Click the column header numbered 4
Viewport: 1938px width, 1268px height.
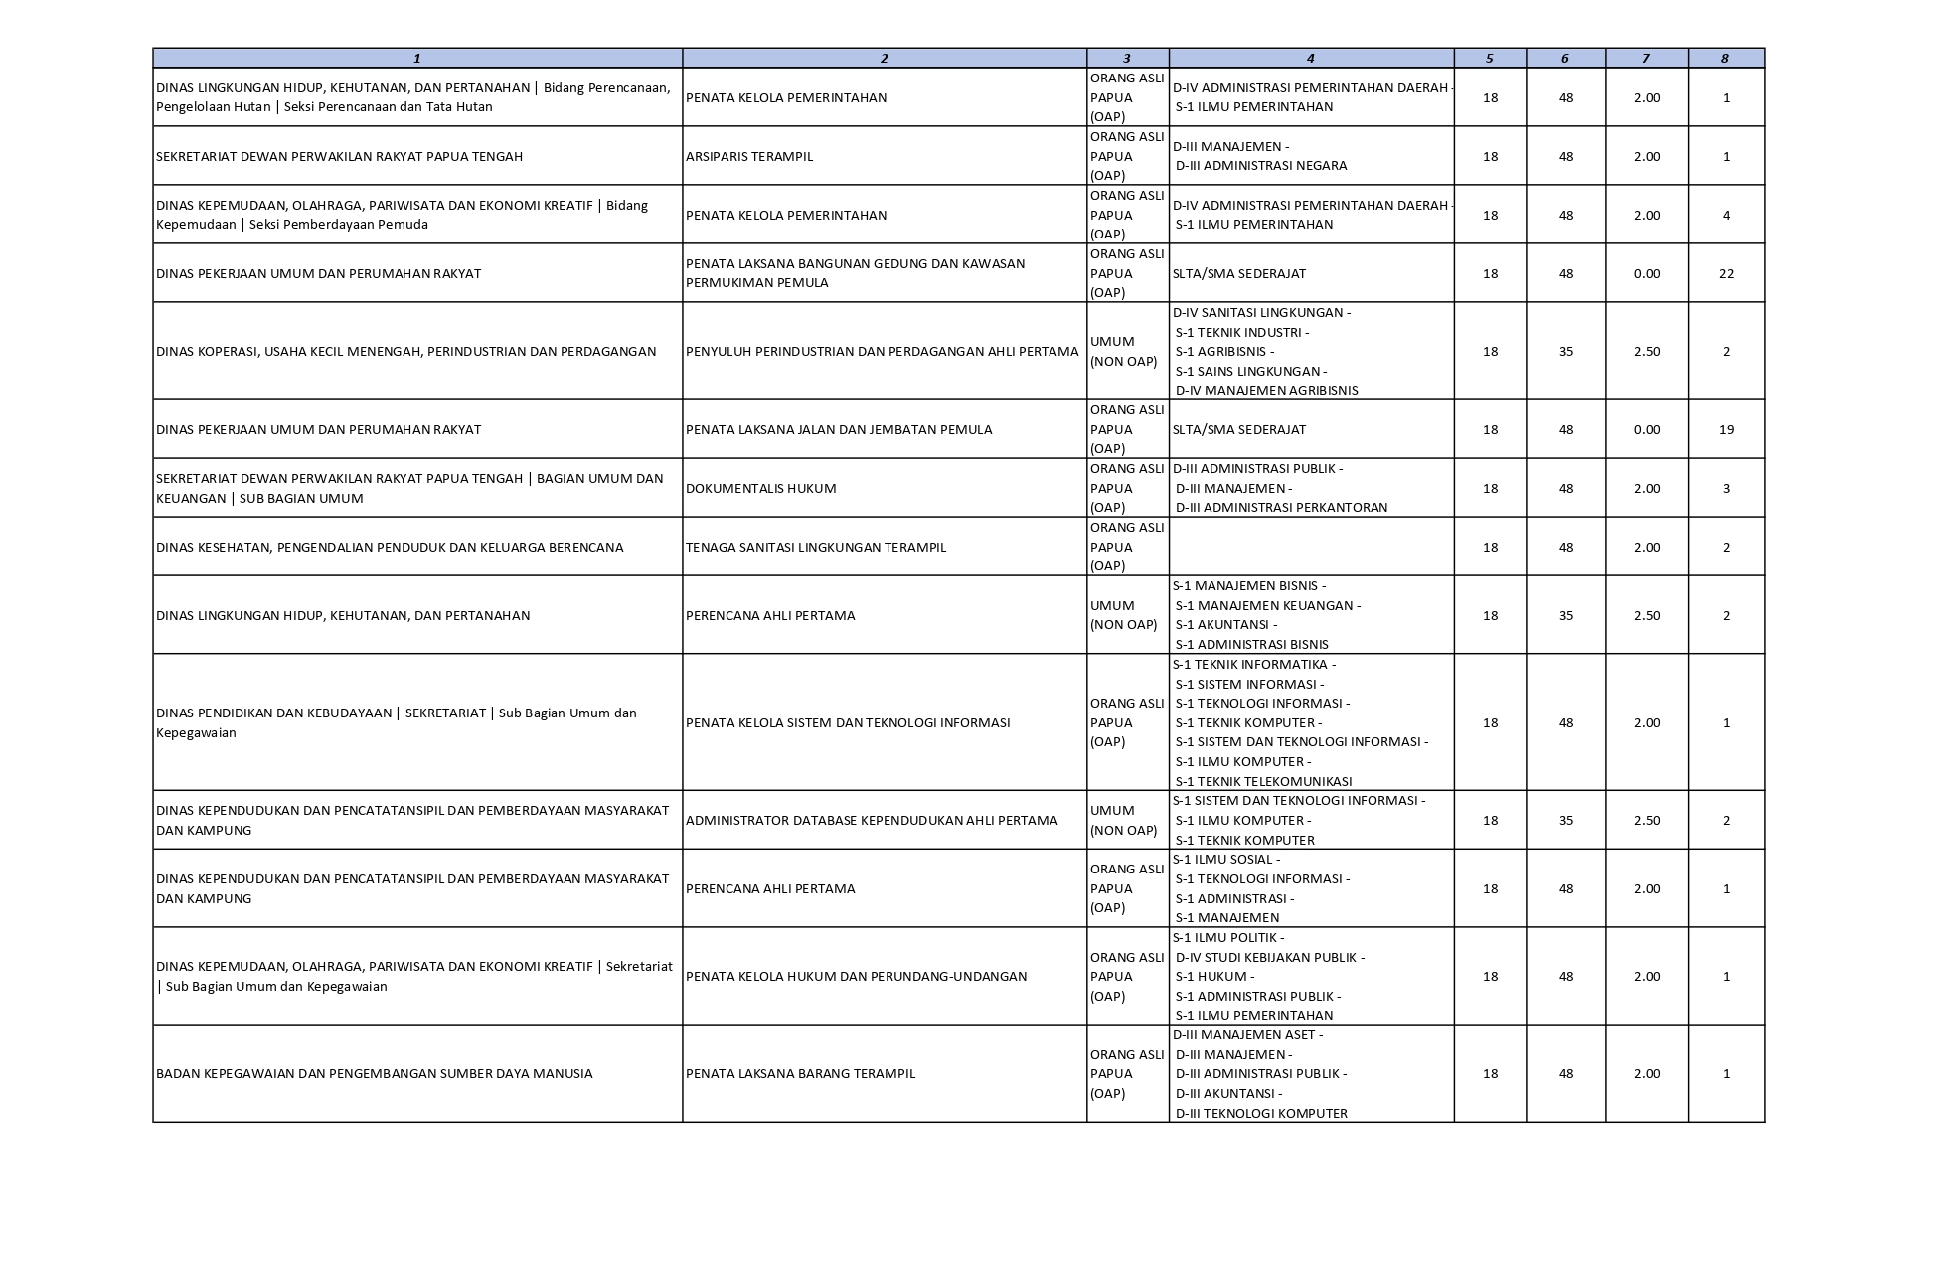1310,59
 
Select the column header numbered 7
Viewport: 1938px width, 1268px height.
1645,59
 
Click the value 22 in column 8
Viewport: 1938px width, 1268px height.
1726,273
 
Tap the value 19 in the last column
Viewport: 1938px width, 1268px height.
1726,429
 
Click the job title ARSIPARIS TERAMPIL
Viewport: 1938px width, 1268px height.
748,156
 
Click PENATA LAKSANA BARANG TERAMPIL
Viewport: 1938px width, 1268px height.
800,1073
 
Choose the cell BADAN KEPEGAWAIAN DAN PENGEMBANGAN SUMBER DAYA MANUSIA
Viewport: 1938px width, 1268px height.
374,1073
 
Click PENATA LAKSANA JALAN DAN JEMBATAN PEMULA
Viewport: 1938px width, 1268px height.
838,429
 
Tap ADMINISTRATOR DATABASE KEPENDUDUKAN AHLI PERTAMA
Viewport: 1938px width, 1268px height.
871,820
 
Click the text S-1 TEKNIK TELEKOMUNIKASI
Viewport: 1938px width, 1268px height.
1263,781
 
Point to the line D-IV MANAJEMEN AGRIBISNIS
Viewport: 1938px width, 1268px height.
1266,390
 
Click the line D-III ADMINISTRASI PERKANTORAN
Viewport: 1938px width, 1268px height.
1281,507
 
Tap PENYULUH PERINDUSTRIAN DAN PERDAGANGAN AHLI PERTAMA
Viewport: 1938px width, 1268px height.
882,351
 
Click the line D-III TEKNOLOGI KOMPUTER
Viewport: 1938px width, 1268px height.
1261,1113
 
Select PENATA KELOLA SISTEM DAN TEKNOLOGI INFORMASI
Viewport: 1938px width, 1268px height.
847,722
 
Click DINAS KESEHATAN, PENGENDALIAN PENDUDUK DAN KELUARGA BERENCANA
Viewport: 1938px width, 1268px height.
390,547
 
